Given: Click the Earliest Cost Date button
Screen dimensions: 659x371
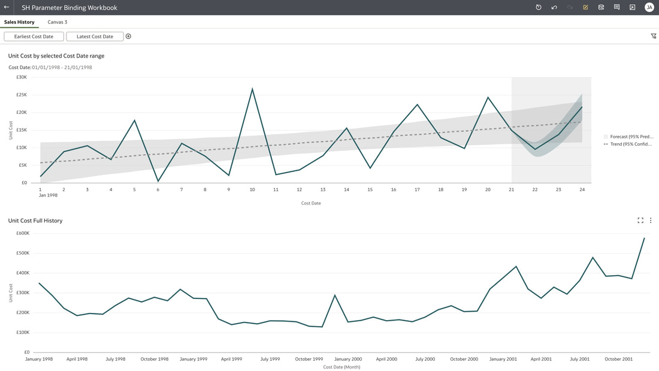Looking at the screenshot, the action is click(x=34, y=37).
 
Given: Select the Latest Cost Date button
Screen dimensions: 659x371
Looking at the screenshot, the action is click(x=95, y=37).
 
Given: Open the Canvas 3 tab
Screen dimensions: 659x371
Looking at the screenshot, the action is click(x=57, y=22).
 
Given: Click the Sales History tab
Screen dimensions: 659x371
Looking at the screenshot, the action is click(x=19, y=22).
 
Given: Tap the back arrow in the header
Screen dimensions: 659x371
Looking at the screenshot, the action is click(x=7, y=7).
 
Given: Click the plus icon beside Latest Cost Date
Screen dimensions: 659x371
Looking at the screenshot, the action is click(x=128, y=37).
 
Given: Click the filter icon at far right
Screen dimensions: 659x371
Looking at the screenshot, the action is click(x=654, y=36).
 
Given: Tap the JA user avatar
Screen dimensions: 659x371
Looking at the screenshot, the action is click(x=649, y=7).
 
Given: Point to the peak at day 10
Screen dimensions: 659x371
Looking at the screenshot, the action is click(x=252, y=88).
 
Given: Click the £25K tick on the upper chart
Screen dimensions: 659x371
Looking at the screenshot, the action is click(x=22, y=95).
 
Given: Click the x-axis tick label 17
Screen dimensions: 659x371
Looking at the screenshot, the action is click(x=417, y=190).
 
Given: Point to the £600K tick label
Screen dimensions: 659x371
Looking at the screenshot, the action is click(x=23, y=233).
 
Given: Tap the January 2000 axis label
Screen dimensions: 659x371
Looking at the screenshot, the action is click(x=348, y=359).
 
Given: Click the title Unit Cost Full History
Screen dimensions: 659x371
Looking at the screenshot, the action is click(x=35, y=221).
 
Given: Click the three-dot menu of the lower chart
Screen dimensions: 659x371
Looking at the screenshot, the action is click(x=651, y=221).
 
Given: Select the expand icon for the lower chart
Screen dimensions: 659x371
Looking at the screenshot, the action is click(x=640, y=221).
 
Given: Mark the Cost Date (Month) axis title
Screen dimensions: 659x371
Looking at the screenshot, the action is click(x=341, y=367).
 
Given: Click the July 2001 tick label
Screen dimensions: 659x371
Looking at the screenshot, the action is click(x=579, y=359).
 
